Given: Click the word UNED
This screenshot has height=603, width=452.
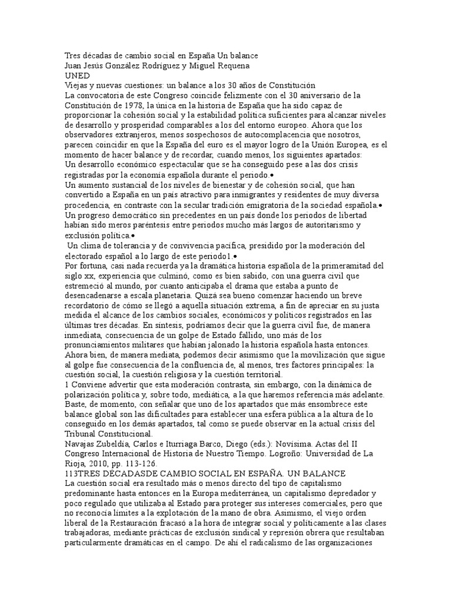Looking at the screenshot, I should [x=77, y=76].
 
